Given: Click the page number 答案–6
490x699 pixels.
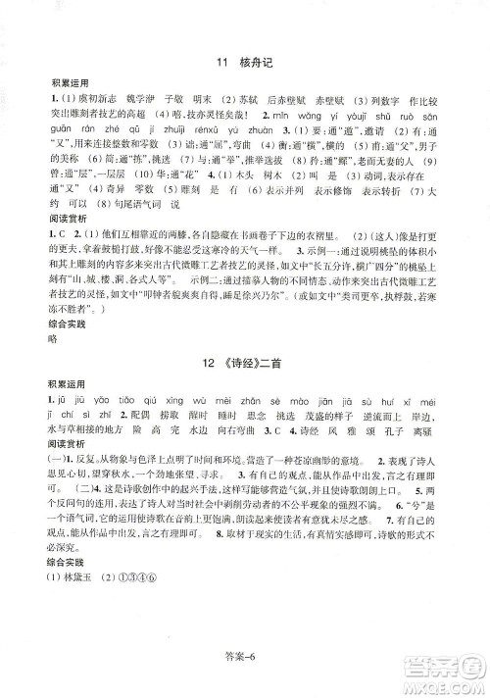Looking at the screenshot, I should (x=245, y=675).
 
